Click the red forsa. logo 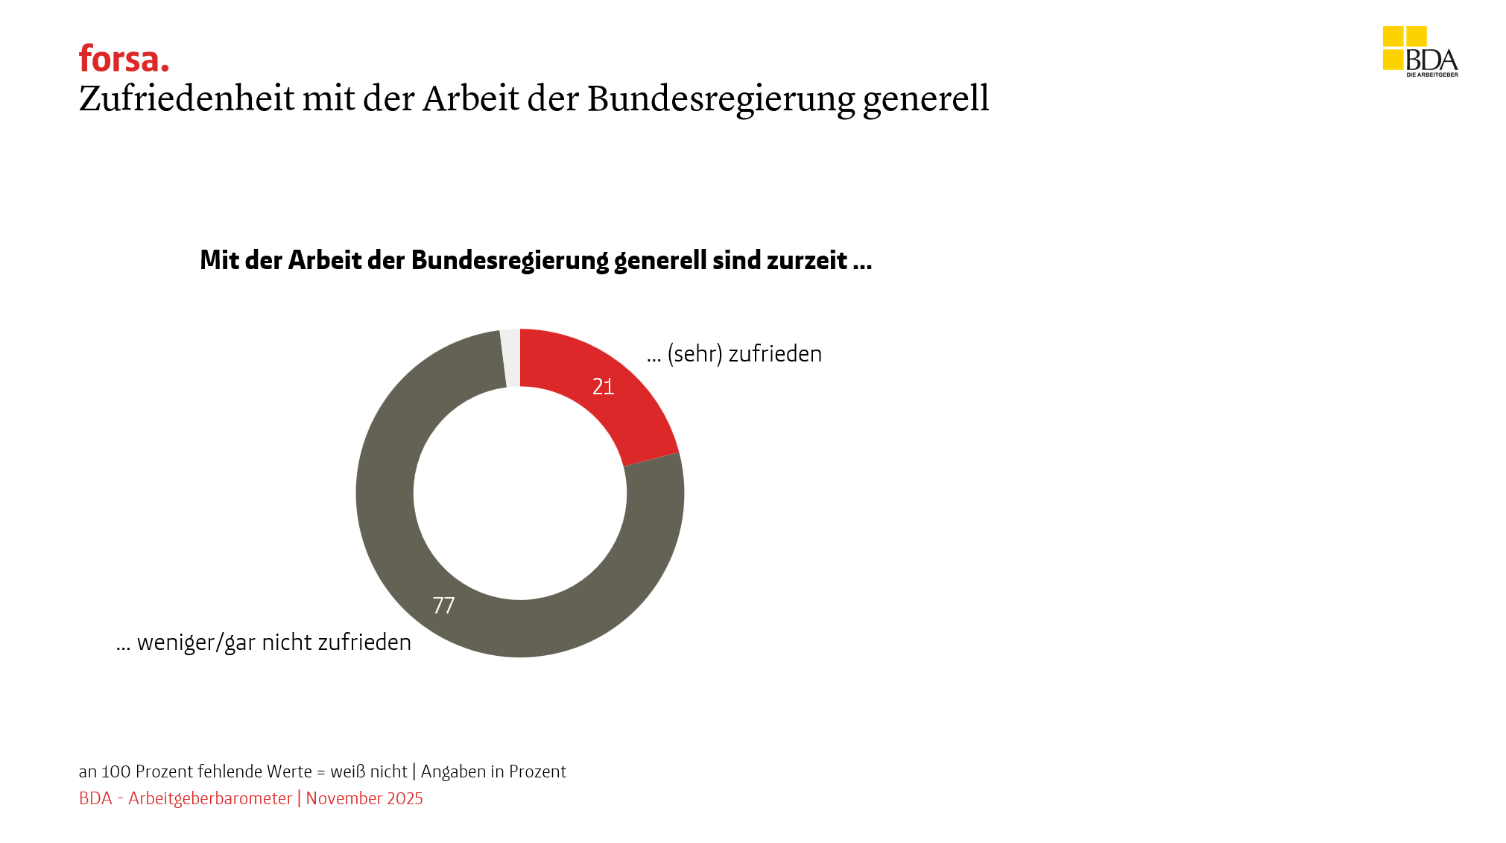(x=124, y=59)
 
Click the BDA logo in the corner (x=1420, y=52)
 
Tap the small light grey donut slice (x=510, y=358)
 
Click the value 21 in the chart (x=603, y=386)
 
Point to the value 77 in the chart (x=443, y=605)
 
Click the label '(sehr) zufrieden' (x=744, y=354)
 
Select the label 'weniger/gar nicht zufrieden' (x=273, y=642)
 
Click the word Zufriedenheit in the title (x=186, y=98)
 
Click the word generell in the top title (x=926, y=100)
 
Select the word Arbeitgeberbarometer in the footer (x=210, y=798)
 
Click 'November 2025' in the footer (x=364, y=798)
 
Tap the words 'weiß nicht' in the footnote (x=369, y=771)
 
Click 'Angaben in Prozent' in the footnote (x=493, y=771)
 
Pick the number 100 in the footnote (x=116, y=771)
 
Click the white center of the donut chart (x=520, y=493)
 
